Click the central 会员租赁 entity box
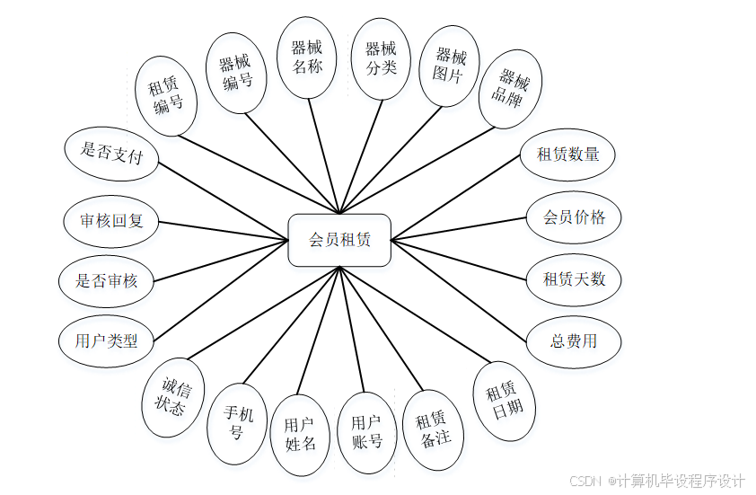point(339,240)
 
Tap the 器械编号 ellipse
point(235,73)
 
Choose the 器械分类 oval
point(381,57)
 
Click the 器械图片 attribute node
point(448,66)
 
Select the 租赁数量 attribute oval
point(567,154)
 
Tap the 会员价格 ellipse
point(574,217)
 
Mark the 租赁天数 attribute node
point(574,278)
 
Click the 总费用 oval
point(573,340)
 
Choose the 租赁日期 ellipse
point(504,400)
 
